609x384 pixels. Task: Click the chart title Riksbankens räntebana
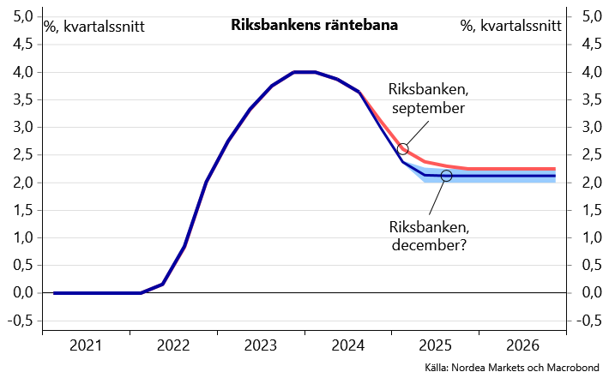point(314,26)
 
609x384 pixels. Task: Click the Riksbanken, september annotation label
point(428,99)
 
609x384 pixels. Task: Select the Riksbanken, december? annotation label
point(429,236)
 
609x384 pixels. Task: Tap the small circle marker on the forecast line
point(446,176)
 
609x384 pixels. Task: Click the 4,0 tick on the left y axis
point(25,72)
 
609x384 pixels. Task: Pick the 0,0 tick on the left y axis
point(25,293)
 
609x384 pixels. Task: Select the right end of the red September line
point(554,170)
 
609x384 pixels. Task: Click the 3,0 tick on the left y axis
point(25,127)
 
